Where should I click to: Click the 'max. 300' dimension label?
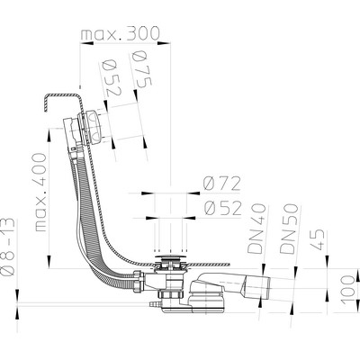point(120,33)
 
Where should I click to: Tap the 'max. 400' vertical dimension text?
point(40,193)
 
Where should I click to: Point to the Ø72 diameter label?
point(221,184)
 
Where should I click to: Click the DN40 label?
point(257,229)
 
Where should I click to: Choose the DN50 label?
point(289,229)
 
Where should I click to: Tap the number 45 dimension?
point(317,239)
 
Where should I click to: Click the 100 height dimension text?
point(348,290)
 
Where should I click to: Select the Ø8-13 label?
point(7,246)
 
